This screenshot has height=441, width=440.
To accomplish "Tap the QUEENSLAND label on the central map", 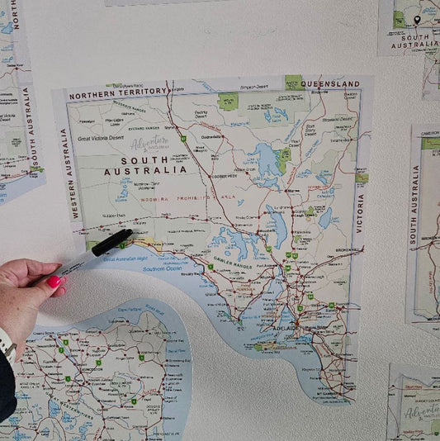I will tap(330, 84).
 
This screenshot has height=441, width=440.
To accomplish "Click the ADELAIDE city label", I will tap(286, 329).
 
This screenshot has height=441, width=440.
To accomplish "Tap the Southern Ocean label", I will tap(163, 269).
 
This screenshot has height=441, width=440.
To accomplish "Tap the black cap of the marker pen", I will tap(112, 242).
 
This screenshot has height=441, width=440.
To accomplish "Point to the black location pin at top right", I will tap(417, 19).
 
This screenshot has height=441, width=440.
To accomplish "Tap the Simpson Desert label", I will tap(254, 85).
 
